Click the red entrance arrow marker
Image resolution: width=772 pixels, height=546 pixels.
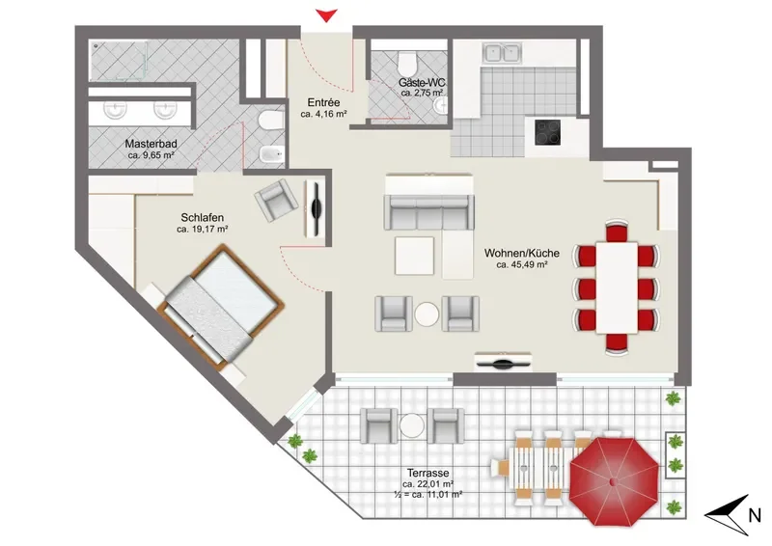pos(326,15)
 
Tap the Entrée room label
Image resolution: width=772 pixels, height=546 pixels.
pos(323,103)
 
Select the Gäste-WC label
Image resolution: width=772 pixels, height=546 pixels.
pos(421,83)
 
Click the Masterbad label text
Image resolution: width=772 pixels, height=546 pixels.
pos(151,145)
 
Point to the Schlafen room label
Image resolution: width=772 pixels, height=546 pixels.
pos(203,218)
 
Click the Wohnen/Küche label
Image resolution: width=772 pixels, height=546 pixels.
pos(522,253)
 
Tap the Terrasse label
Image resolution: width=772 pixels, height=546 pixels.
pos(427,473)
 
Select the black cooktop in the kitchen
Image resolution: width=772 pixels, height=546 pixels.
pos(547,132)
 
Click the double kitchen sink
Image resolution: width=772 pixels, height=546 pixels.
pos(502,53)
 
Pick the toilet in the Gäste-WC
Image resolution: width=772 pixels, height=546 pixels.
pos(407,63)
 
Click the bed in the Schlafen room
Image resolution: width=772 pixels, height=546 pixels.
pos(221,306)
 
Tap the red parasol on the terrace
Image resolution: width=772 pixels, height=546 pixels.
pos(614,481)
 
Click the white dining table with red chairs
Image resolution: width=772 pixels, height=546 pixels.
pos(617,287)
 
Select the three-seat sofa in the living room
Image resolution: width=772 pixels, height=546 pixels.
pos(428,212)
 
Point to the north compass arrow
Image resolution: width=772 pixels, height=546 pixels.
pos(728,515)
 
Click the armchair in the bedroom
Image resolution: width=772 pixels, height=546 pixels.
pos(277,200)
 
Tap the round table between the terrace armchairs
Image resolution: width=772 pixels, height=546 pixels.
pos(412,425)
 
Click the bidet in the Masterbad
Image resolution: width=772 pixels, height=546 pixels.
pos(272,154)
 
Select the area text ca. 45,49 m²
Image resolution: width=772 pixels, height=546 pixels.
pos(522,265)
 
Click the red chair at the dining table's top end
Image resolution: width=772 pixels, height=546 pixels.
pos(617,231)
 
